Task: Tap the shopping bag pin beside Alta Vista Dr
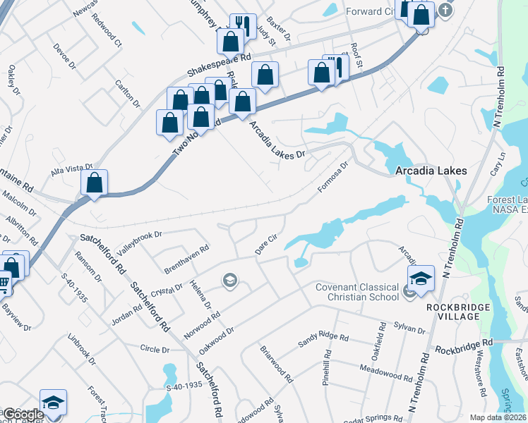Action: click(94, 183)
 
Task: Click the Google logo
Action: click(23, 415)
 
